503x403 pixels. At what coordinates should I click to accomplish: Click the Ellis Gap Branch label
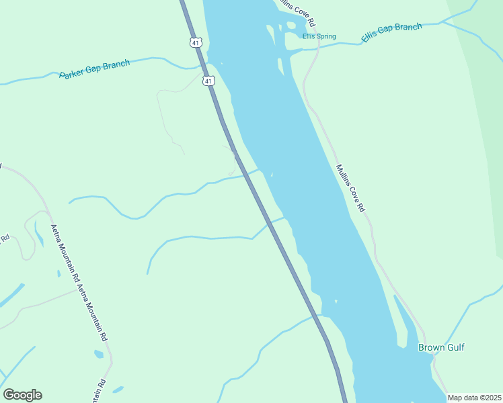point(391,32)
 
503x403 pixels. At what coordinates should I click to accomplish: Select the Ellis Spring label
point(319,37)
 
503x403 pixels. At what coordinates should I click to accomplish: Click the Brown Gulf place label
point(441,347)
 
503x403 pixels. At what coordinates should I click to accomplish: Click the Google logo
point(22,395)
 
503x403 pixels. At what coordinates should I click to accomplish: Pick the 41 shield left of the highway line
point(195,42)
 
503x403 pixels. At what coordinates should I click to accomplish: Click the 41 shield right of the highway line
point(209,81)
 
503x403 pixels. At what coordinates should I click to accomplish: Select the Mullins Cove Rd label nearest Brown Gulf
point(350,189)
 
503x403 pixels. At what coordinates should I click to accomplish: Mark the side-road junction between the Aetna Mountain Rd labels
point(77,291)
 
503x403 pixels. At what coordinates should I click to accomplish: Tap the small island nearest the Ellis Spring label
point(292,26)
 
